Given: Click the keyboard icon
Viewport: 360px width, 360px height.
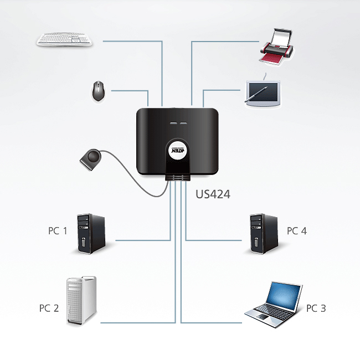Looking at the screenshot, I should (x=65, y=40).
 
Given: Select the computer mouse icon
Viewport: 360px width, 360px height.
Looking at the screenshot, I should (x=99, y=91).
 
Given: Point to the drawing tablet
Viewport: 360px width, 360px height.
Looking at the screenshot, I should (x=263, y=91).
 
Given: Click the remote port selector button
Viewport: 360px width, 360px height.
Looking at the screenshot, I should (x=92, y=159).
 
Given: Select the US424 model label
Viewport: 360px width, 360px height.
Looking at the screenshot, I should (x=213, y=194).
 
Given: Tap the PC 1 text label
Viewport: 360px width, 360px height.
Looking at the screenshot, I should (x=58, y=230).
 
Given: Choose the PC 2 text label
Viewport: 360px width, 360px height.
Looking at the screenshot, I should (x=49, y=307).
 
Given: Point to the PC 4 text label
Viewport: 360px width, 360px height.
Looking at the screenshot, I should (x=296, y=230).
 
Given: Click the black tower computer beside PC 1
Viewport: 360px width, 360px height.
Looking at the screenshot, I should (x=91, y=233).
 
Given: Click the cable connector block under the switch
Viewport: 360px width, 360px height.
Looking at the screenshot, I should (x=177, y=177).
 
